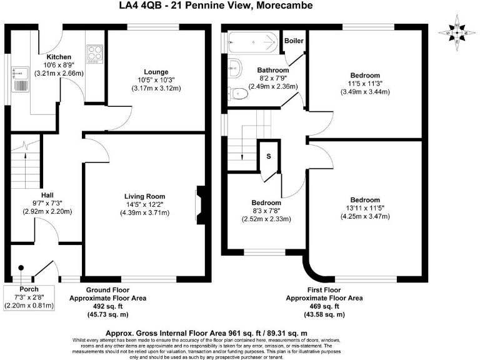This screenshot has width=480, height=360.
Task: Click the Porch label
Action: tap(29, 289)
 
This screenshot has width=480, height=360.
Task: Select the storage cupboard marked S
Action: tap(269, 157)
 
